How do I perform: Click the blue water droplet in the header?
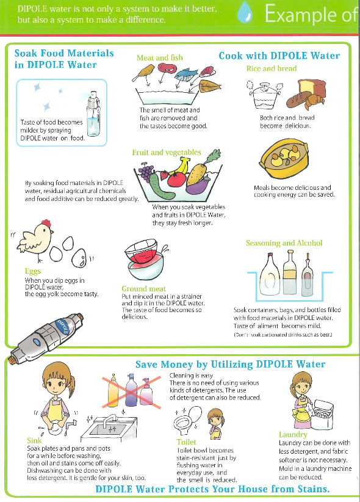pyautogui.click(x=245, y=13)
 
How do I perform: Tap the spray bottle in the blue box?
pyautogui.click(x=93, y=114)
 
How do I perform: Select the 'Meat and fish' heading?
pyautogui.click(x=160, y=57)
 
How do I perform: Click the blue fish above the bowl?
pyautogui.click(x=185, y=74)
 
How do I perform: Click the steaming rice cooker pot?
pyautogui.click(x=265, y=95)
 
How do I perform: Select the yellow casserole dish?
pyautogui.click(x=284, y=158)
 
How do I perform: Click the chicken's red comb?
pyautogui.click(x=46, y=223)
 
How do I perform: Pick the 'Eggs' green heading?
pyautogui.click(x=33, y=271)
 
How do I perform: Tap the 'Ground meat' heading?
pyautogui.click(x=143, y=289)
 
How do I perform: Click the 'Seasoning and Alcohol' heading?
pyautogui.click(x=284, y=243)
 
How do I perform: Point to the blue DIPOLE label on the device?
pyautogui.click(x=63, y=327)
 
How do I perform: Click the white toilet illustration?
pyautogui.click(x=188, y=419)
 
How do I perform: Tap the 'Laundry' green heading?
pyautogui.click(x=293, y=434)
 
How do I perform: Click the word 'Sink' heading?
pyautogui.click(x=34, y=440)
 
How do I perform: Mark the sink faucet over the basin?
pyautogui.click(x=109, y=420)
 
